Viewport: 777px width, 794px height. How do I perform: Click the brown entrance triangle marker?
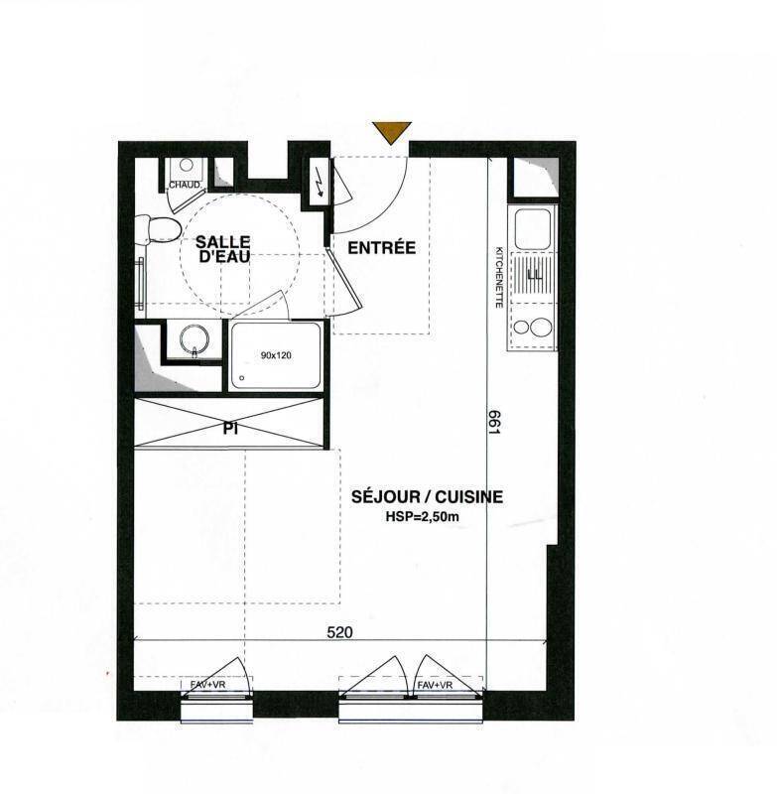click(391, 131)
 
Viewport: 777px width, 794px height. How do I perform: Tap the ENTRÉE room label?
click(382, 247)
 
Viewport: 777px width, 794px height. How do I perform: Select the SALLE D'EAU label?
click(223, 249)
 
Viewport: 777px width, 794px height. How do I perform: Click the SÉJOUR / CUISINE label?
click(428, 497)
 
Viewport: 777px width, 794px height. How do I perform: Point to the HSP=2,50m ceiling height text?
click(422, 517)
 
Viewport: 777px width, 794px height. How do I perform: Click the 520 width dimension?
click(339, 632)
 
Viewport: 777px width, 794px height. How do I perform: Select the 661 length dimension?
click(494, 422)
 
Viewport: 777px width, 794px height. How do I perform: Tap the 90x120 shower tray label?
click(276, 355)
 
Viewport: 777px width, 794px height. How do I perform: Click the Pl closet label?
click(230, 429)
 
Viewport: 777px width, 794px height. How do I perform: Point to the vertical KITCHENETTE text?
click(499, 277)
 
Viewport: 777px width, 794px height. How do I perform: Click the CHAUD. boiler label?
click(185, 185)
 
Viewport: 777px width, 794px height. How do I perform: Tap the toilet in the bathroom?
click(158, 229)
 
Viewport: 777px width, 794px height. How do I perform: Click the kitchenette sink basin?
click(533, 228)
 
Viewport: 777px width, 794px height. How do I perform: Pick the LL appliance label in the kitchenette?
click(535, 276)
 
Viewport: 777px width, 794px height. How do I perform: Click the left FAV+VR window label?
click(208, 684)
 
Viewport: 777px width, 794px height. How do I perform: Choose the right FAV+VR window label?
click(435, 685)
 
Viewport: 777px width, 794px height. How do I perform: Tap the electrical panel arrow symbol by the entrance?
click(320, 187)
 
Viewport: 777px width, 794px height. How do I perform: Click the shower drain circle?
click(242, 378)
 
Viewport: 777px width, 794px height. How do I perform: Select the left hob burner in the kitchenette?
click(521, 328)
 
